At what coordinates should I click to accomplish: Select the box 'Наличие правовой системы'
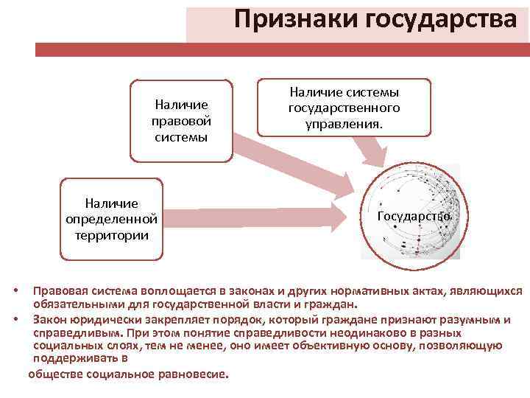tap(181, 120)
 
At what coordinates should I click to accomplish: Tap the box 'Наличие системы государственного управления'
tap(344, 108)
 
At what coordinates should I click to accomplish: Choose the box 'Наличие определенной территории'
tap(111, 218)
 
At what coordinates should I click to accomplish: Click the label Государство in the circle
tap(414, 217)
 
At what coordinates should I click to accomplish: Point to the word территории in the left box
tap(111, 235)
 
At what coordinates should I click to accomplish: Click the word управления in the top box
tap(344, 124)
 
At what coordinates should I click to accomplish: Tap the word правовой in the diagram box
tap(181, 120)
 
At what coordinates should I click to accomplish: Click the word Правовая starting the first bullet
tap(59, 291)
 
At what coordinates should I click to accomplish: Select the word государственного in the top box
tap(344, 108)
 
